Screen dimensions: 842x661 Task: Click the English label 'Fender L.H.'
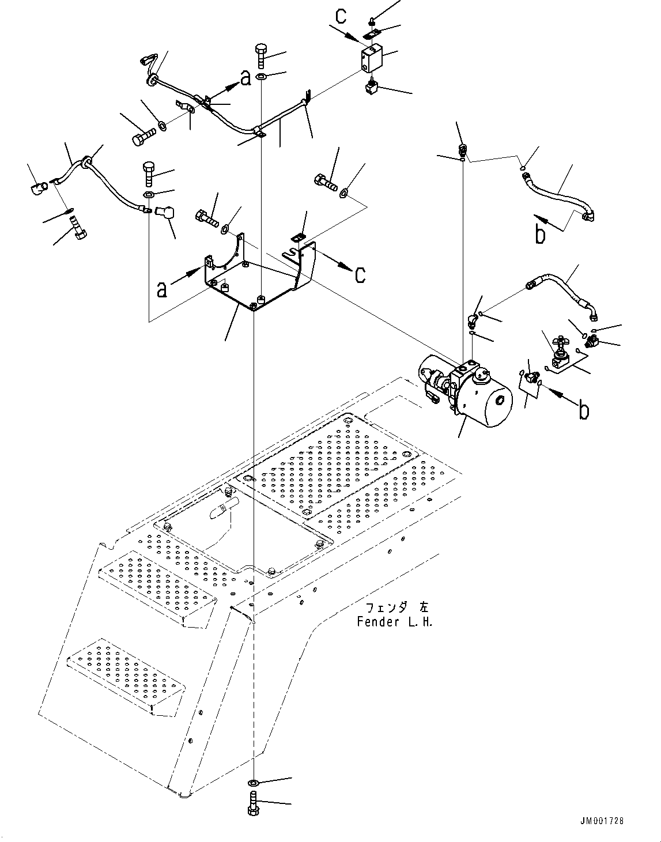[394, 622]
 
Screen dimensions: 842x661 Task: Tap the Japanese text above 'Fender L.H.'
[397, 608]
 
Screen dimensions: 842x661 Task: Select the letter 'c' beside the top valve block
[341, 17]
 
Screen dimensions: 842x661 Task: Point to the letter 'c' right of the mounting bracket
[360, 274]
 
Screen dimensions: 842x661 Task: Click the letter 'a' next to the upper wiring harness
[246, 78]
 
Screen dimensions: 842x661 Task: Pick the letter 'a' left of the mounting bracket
[163, 289]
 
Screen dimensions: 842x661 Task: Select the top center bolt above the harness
[260, 55]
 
